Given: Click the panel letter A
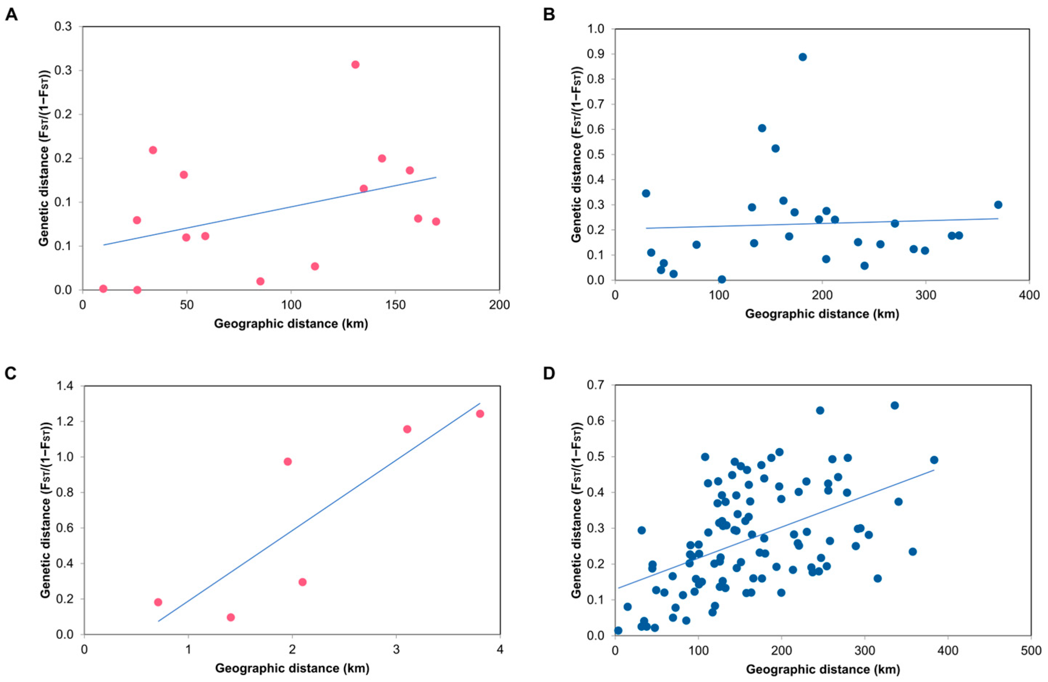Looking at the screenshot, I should coord(12,16).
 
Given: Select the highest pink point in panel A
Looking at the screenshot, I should coord(355,65).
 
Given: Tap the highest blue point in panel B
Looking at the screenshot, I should coord(803,57).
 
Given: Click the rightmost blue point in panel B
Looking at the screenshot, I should coord(998,205).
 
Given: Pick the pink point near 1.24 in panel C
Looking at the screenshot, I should coord(480,414).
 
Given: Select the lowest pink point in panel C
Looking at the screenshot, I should coord(231,617).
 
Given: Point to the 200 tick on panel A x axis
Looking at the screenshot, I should coord(499,305).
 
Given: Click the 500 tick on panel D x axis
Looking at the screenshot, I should coord(1031,651).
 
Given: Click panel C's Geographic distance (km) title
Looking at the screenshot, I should coord(292,668).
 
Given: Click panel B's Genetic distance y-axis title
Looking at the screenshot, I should coord(577,154).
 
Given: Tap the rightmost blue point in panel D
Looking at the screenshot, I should coord(934,460).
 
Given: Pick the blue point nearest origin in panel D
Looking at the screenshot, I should coord(618,631).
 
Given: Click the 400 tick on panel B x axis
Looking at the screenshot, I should coord(1030,295).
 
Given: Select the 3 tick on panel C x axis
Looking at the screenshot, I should coord(396,650).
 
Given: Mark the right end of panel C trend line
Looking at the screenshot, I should coord(480,403).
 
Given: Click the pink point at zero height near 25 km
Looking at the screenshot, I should coord(137,290).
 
